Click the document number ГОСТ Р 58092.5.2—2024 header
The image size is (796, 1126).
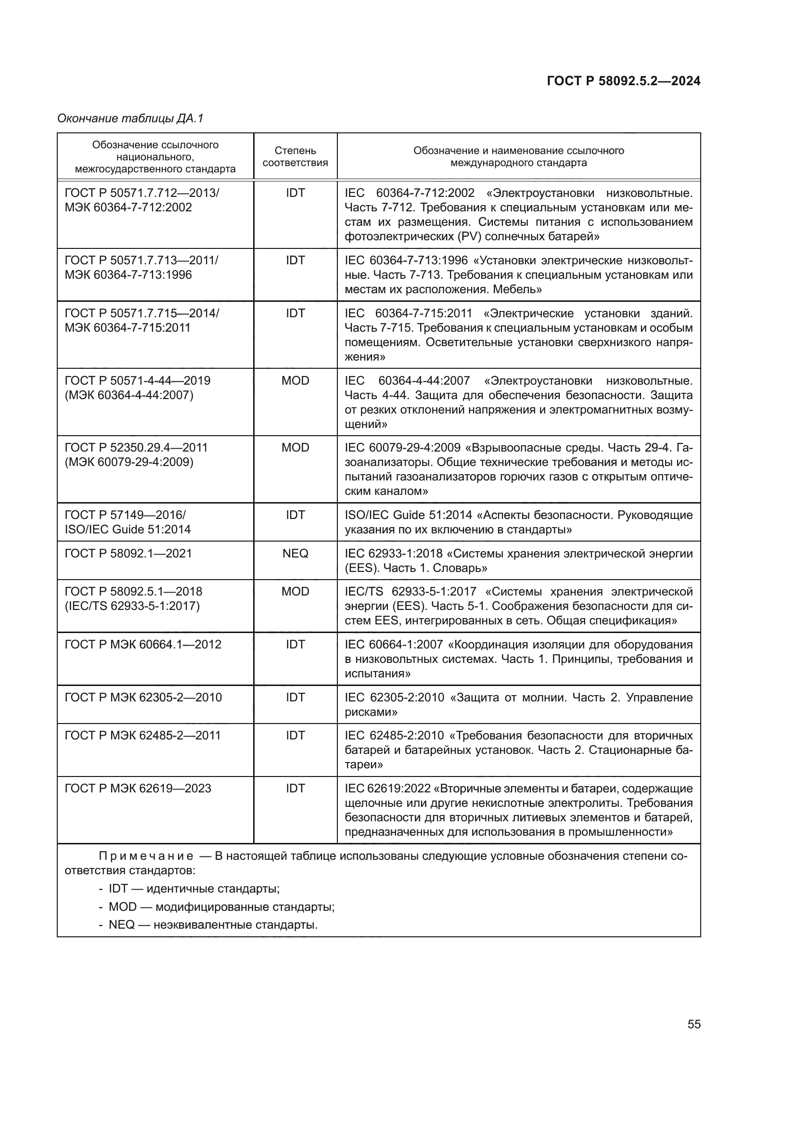623,81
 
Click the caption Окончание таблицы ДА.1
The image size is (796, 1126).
130,118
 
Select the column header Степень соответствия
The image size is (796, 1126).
295,156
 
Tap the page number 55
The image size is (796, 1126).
693,1024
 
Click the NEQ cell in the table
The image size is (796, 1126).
295,554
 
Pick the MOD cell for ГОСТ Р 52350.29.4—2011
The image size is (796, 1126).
295,448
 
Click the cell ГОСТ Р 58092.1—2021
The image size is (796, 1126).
128,554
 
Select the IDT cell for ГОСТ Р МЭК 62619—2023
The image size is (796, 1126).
295,789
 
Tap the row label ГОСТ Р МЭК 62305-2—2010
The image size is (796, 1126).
143,698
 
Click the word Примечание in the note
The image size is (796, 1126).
145,856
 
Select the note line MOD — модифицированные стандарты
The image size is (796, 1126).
221,907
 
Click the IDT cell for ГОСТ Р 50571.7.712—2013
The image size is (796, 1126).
295,193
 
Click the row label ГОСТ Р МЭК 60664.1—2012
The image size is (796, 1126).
142,645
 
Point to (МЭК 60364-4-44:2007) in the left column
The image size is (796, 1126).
129,395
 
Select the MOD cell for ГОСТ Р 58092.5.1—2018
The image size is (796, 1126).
295,592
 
